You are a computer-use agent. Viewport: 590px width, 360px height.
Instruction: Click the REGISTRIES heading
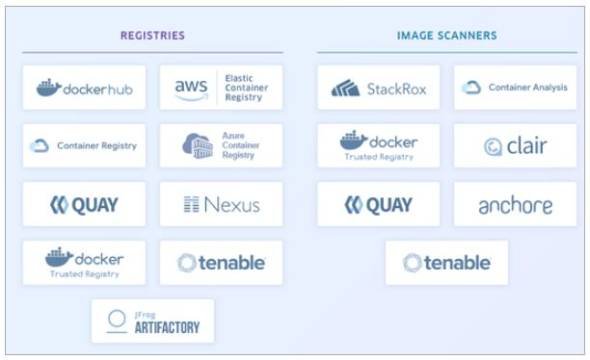point(152,35)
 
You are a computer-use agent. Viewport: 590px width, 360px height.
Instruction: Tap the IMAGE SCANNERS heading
point(447,35)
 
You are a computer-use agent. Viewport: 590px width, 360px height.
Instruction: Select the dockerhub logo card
point(84,88)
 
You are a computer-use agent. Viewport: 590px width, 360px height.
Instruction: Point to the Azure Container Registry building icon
point(198,146)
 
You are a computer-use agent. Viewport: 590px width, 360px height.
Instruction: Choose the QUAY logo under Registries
point(84,205)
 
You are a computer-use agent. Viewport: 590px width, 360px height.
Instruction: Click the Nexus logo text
point(222,205)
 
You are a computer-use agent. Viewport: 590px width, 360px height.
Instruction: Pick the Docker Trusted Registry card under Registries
point(84,263)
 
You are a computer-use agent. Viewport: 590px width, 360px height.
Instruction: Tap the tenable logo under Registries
point(221,263)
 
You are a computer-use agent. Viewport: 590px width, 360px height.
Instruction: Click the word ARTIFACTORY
point(167,328)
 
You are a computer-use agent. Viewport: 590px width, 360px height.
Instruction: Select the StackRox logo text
point(396,89)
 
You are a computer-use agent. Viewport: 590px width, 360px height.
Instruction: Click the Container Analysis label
point(528,87)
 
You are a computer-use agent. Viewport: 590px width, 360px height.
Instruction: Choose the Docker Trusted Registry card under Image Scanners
point(379,146)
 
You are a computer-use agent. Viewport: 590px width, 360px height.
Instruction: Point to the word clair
point(527,146)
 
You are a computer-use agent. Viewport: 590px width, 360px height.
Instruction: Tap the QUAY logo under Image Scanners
point(379,205)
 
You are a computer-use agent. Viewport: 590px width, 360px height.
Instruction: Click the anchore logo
point(515,205)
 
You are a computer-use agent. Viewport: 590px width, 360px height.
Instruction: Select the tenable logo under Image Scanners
point(447,263)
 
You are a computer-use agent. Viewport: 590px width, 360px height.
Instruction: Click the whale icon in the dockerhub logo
point(49,88)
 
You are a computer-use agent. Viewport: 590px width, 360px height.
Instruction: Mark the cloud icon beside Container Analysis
point(471,87)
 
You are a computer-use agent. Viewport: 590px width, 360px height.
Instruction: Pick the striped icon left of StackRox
point(345,88)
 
